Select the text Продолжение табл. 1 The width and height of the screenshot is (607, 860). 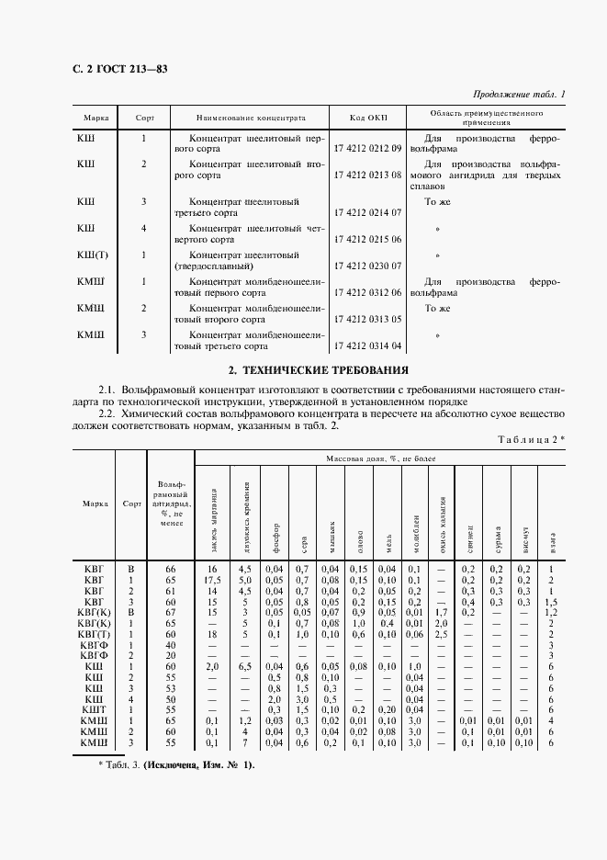click(x=520, y=95)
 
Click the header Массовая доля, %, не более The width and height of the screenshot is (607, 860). click(x=380, y=458)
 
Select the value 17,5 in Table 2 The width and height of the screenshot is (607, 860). click(x=213, y=580)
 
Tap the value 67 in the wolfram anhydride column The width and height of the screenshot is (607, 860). click(x=170, y=612)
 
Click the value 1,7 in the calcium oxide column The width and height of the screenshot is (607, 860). click(x=441, y=612)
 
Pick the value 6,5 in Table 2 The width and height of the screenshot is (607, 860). click(x=245, y=666)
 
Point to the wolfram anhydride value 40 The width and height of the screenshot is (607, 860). click(x=170, y=645)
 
